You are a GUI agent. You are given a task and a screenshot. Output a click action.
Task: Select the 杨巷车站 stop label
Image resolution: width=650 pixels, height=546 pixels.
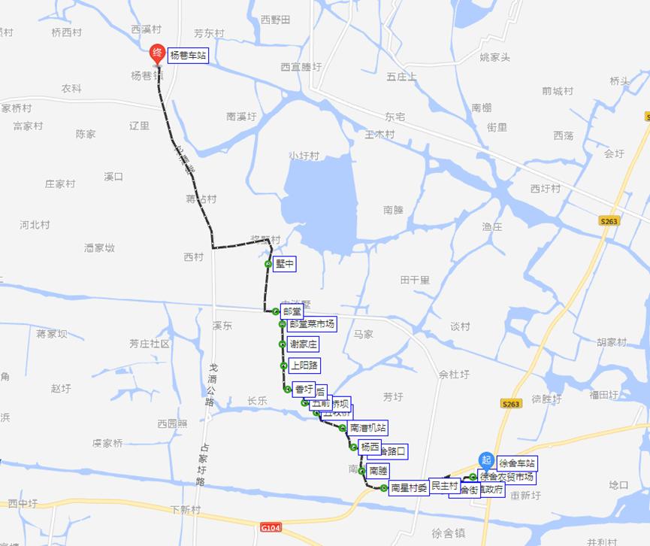[187, 56]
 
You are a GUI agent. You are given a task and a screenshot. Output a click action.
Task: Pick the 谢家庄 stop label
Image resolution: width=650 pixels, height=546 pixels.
[304, 344]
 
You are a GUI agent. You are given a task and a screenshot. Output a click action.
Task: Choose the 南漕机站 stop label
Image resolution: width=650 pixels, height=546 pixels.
[367, 428]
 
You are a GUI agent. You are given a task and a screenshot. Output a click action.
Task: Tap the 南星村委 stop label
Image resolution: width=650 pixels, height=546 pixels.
[409, 488]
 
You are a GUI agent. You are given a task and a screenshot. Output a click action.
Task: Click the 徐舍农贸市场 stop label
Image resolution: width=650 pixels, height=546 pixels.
[507, 477]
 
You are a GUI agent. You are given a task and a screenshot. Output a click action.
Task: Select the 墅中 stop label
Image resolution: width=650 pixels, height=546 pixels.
[285, 264]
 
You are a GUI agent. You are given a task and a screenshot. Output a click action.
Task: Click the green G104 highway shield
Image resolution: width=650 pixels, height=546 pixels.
[271, 527]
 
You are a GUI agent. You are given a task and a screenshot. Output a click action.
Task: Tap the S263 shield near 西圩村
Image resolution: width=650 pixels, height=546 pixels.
[609, 221]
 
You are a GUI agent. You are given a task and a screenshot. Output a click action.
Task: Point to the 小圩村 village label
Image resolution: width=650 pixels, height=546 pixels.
[304, 156]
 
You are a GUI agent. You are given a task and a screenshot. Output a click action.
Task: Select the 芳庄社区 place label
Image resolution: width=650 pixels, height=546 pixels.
[150, 344]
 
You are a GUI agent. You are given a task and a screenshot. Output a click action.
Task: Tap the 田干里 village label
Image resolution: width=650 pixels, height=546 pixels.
[415, 280]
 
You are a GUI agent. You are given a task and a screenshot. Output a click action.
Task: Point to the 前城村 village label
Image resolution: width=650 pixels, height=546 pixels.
[557, 91]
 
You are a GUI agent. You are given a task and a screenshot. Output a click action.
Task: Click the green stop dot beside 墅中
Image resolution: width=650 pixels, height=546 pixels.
[268, 264]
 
